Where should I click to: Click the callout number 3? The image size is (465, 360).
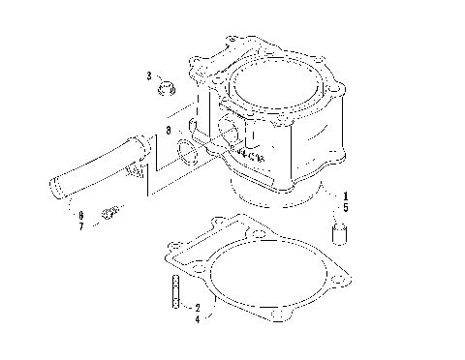150,75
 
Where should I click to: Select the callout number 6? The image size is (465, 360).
81,215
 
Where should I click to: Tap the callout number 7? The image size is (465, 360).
81,225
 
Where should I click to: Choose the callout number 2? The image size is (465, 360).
198,307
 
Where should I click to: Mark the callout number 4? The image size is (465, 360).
198,317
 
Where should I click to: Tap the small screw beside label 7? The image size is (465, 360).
113,211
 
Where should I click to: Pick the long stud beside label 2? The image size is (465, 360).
174,291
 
